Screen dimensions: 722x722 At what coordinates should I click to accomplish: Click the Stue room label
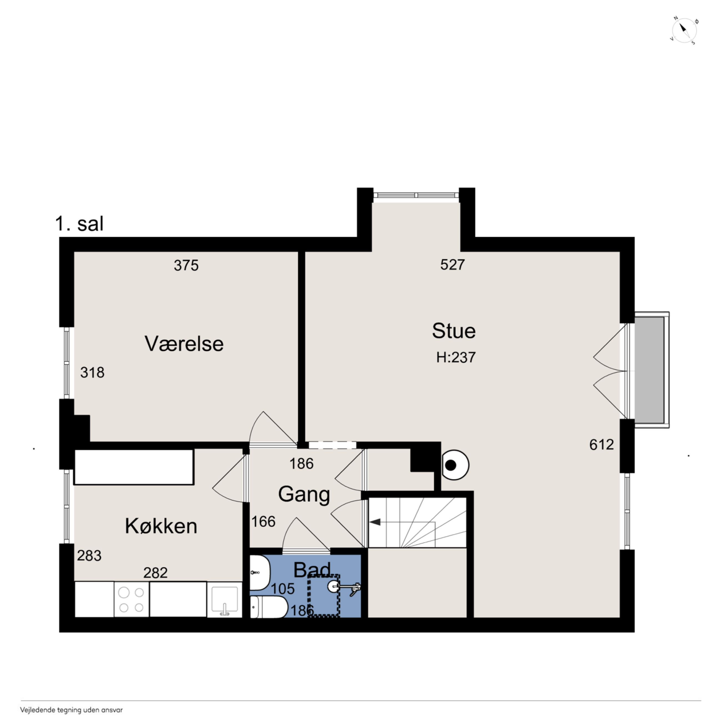point(454,331)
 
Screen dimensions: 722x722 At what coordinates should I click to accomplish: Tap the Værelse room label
point(184,344)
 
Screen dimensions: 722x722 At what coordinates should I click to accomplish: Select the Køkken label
point(161,526)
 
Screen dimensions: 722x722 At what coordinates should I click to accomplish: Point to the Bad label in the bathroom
point(312,570)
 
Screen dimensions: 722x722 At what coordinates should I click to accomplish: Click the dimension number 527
point(453,265)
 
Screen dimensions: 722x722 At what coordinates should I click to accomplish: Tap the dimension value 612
point(602,445)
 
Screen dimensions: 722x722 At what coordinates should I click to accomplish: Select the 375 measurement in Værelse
point(186,265)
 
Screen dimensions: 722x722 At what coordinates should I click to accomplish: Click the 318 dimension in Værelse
point(92,373)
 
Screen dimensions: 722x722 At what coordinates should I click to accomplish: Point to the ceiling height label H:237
point(456,358)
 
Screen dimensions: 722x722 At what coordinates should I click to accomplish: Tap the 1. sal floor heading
point(79,224)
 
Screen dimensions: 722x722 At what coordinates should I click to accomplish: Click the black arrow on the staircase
point(375,522)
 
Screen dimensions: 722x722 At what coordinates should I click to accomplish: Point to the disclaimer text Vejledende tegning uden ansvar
point(71,710)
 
